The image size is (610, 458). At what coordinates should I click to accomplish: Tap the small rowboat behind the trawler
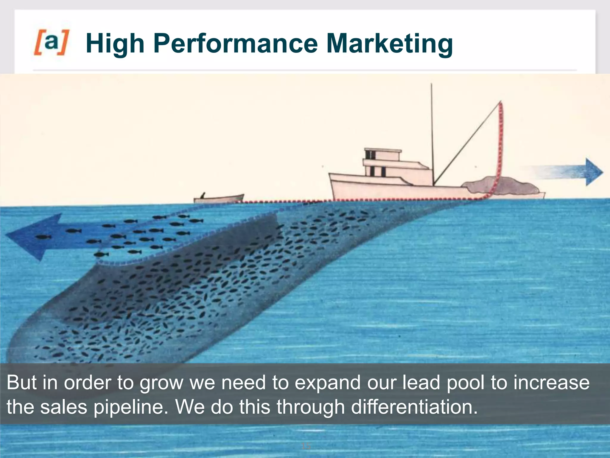(x=219, y=198)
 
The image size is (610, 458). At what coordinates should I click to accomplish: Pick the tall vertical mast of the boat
(x=432, y=134)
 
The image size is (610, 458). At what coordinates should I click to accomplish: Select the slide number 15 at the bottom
(x=306, y=446)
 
